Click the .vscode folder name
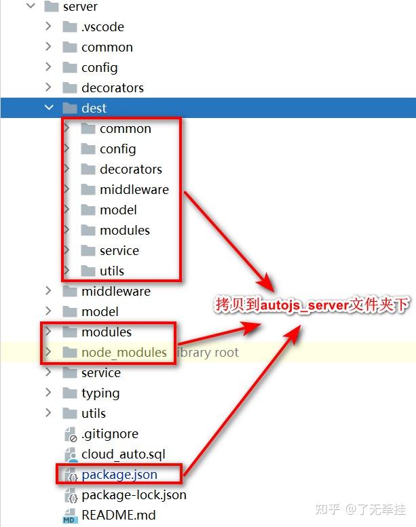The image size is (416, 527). pyautogui.click(x=102, y=27)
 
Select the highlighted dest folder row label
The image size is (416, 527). pyautogui.click(x=94, y=109)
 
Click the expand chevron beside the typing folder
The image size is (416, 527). pyautogui.click(x=48, y=393)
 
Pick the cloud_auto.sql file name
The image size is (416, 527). pyautogui.click(x=123, y=454)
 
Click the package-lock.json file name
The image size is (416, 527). pyautogui.click(x=134, y=495)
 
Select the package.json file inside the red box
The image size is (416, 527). pyautogui.click(x=119, y=475)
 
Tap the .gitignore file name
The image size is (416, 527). pyautogui.click(x=109, y=434)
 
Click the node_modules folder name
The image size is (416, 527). pyautogui.click(x=124, y=353)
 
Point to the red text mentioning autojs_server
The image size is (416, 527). pyautogui.click(x=312, y=305)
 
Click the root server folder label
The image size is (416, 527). pyautogui.click(x=80, y=7)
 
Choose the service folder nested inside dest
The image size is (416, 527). pyautogui.click(x=119, y=251)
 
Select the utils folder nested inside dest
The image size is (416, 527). pyautogui.click(x=111, y=271)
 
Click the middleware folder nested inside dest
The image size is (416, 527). pyautogui.click(x=134, y=190)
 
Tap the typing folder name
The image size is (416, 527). pyautogui.click(x=100, y=393)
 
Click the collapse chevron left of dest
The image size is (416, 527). pyautogui.click(x=48, y=108)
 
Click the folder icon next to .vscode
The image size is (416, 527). pyautogui.click(x=69, y=27)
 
